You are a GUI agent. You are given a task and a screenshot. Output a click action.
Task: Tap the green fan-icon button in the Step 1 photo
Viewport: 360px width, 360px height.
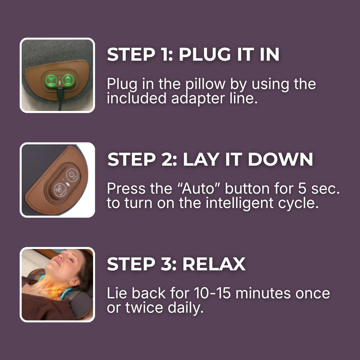tap(51, 80)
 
